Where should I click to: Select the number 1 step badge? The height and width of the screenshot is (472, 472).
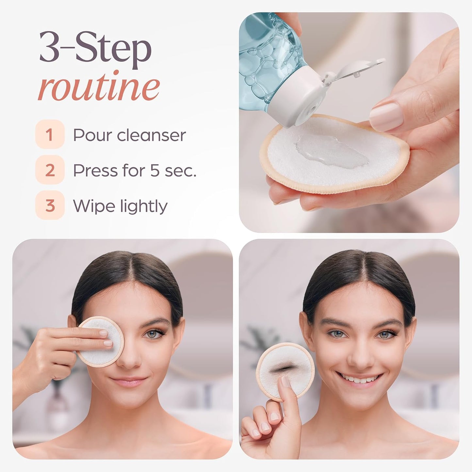50,135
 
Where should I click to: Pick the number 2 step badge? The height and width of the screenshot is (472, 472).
50,170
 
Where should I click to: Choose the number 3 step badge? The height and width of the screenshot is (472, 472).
50,206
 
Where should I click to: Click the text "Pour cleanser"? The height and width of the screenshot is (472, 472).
129,135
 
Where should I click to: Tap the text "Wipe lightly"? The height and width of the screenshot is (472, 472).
120,206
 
